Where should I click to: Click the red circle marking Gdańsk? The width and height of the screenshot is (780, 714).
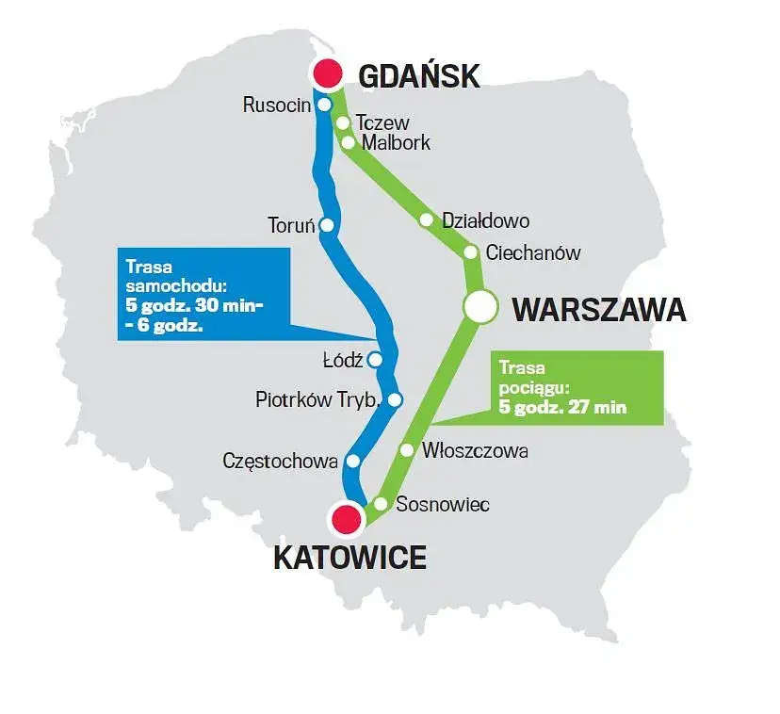pos(327,73)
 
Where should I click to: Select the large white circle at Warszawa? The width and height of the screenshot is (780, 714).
pos(479,306)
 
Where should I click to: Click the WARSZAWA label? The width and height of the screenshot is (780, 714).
pos(598,309)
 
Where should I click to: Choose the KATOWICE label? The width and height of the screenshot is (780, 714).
pos(349,558)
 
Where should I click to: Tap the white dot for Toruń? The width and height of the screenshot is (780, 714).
pos(327,225)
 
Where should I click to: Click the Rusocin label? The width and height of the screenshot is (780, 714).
pos(276,105)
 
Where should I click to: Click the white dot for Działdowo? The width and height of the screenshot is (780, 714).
pos(427,220)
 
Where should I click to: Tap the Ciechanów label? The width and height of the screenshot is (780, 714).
pos(533,253)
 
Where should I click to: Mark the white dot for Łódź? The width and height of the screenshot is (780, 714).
pos(375,359)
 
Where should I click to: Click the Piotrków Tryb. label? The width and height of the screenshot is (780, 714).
pos(317,399)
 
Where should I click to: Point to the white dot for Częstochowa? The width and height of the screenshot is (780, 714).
pos(353,461)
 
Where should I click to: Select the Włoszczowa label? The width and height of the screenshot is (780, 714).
pos(475,451)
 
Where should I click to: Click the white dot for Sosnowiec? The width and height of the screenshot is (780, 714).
pos(381,504)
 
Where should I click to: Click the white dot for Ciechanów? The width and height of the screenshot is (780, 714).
pos(470,252)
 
